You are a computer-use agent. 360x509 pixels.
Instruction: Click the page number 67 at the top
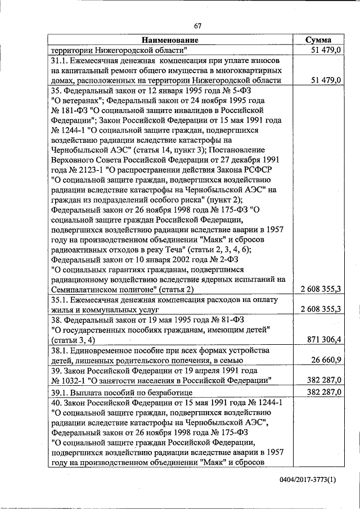(x=197, y=25)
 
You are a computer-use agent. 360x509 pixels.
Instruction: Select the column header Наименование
(x=170, y=40)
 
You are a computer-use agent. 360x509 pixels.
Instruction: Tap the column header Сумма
(x=318, y=40)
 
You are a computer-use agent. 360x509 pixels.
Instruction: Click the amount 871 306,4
(x=321, y=339)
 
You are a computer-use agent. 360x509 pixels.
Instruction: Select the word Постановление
(x=232, y=150)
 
